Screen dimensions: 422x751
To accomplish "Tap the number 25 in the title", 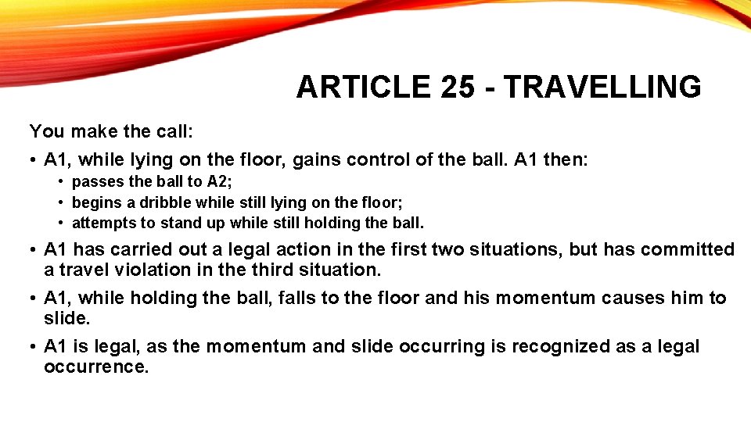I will [x=457, y=87].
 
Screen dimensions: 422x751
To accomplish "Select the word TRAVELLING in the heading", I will [x=602, y=87].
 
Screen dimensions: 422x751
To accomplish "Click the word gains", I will [x=316, y=160].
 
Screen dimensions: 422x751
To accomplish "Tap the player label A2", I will [x=218, y=182].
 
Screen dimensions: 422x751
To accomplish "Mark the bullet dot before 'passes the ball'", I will [x=60, y=182].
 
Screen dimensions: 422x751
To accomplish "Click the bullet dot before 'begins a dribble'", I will [x=60, y=202].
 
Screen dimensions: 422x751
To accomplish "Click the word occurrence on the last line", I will [x=95, y=366].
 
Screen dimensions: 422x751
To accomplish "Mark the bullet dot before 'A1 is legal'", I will [x=34, y=346].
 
